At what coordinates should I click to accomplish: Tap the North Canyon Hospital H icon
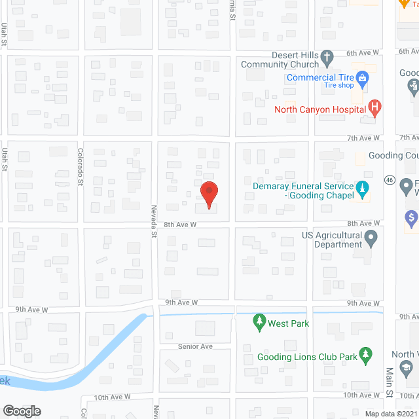(x=374, y=107)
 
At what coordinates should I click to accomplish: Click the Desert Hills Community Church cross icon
(x=327, y=61)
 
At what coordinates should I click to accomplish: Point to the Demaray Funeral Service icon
(x=362, y=190)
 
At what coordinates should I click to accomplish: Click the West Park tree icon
(x=259, y=323)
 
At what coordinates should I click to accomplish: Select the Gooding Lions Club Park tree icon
(x=366, y=356)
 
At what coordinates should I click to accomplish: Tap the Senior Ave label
(x=196, y=346)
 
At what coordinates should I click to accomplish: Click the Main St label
(x=389, y=384)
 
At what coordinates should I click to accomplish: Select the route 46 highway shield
(x=389, y=179)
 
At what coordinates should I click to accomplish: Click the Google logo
(x=21, y=410)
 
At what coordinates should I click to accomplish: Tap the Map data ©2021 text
(x=391, y=414)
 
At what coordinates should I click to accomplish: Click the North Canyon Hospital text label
(x=319, y=110)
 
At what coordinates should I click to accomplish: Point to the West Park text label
(x=288, y=323)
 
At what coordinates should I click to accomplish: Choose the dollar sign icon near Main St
(x=412, y=216)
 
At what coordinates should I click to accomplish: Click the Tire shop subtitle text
(x=338, y=86)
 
